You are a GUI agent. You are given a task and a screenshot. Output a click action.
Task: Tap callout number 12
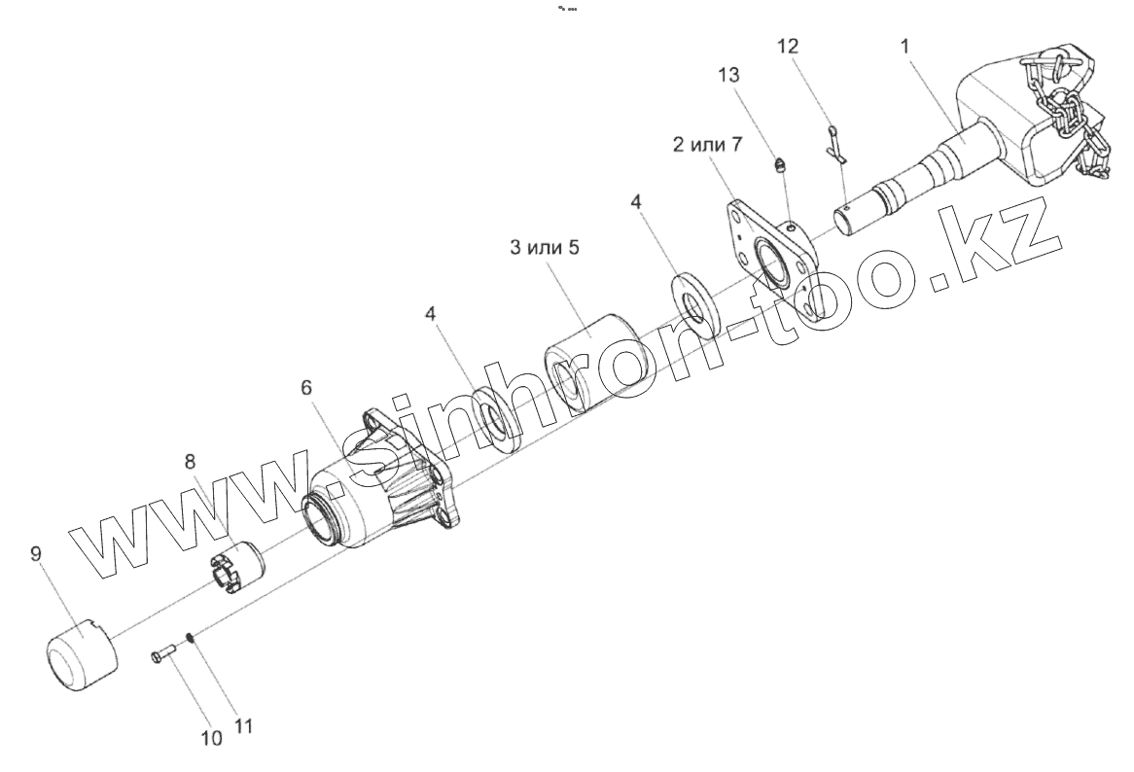click(790, 46)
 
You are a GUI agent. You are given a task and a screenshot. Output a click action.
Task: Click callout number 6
click(307, 387)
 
